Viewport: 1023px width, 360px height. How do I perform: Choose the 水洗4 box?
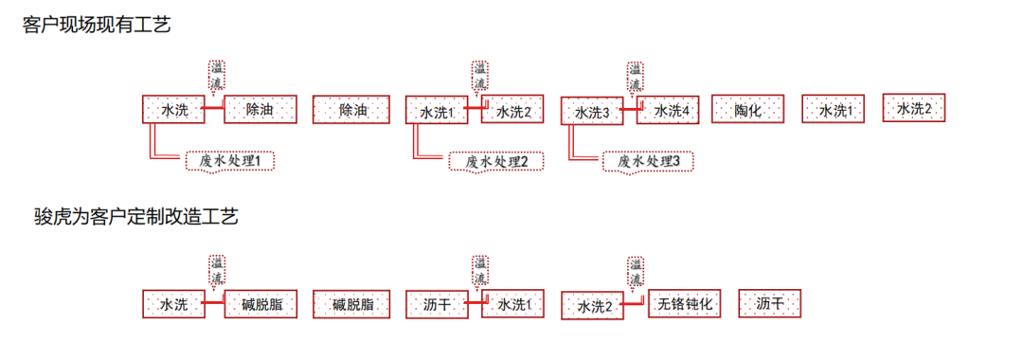click(x=672, y=110)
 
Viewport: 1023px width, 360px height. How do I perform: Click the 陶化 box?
click(x=748, y=110)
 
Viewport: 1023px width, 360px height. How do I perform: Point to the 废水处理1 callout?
click(x=231, y=161)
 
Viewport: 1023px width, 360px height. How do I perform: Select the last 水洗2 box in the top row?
click(x=915, y=108)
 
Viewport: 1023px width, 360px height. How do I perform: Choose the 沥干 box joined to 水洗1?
click(x=436, y=304)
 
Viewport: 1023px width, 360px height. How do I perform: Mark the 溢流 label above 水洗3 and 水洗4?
click(x=635, y=77)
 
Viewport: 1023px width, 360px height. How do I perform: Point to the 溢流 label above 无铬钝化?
click(x=635, y=272)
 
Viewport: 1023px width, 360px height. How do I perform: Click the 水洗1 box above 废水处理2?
click(x=438, y=112)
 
